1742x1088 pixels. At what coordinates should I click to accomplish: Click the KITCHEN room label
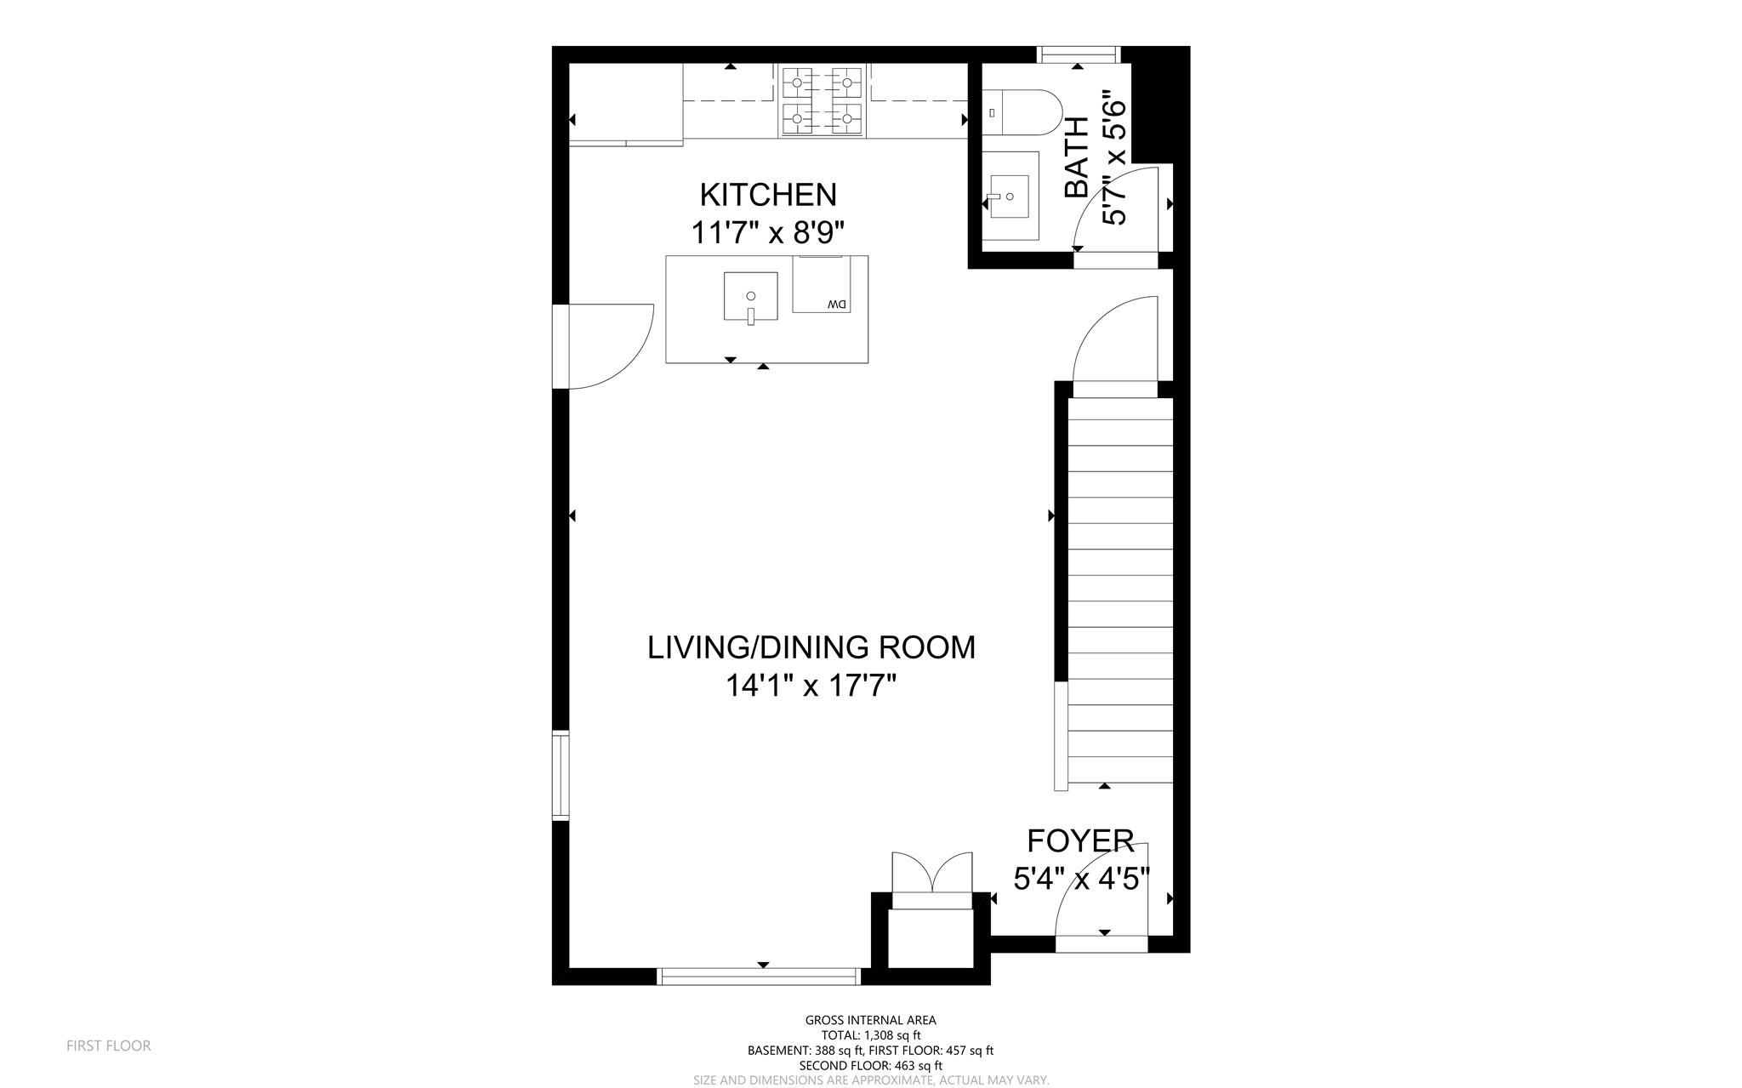coord(767,195)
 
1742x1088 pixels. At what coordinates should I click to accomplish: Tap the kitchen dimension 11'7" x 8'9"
coord(767,232)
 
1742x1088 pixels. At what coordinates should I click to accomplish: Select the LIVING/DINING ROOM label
coord(811,647)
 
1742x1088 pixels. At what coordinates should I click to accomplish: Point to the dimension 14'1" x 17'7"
coord(811,685)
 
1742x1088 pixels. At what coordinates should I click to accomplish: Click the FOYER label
coord(1080,840)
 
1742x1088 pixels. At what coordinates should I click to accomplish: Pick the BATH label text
coord(1077,158)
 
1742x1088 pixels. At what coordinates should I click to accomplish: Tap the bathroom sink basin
coord(1010,197)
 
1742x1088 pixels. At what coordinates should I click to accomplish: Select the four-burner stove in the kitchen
coord(822,101)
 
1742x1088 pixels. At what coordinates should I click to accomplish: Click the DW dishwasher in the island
coord(821,285)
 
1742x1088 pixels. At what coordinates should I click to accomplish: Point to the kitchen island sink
coord(750,296)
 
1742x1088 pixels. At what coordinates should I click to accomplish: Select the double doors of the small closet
coord(931,874)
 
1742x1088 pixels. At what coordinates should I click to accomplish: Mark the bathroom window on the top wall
coord(1078,54)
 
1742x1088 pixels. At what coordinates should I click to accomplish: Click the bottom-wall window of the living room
coord(760,976)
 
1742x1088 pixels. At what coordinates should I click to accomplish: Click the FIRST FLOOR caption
coord(109,1045)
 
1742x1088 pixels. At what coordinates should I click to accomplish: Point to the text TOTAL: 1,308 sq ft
coord(870,1035)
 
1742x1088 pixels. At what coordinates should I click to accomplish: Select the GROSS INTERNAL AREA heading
coord(870,1020)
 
